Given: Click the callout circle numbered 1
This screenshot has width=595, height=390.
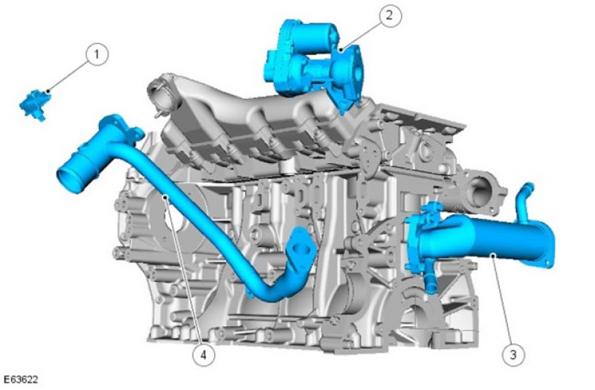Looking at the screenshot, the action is pos(97,54).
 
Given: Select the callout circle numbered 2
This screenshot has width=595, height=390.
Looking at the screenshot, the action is pos(390,16).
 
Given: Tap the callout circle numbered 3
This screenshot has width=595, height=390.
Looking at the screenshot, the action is pos(513,355).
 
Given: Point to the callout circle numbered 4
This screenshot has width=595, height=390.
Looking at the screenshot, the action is pos(203,355).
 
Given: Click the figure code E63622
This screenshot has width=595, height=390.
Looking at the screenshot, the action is pos(21,379).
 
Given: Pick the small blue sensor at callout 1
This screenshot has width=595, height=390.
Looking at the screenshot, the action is pos(35,105).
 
